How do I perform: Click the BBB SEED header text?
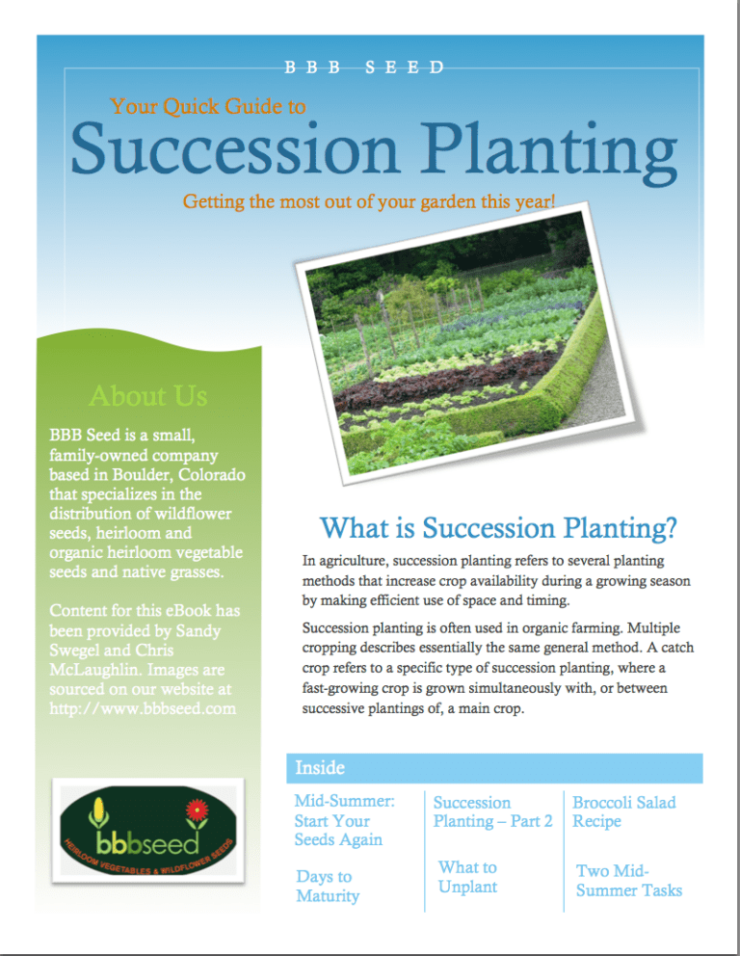pyautogui.click(x=364, y=67)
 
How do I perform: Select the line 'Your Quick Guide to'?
pyautogui.click(x=208, y=106)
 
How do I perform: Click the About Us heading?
pyautogui.click(x=147, y=395)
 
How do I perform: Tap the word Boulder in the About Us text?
pyautogui.click(x=141, y=476)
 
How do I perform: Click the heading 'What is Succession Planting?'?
pyautogui.click(x=498, y=528)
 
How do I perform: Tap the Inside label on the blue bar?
pyautogui.click(x=319, y=768)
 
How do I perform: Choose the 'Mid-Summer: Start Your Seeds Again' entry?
pyautogui.click(x=338, y=820)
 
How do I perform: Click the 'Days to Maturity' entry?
pyautogui.click(x=328, y=887)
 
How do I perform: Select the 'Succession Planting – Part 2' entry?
pyautogui.click(x=492, y=811)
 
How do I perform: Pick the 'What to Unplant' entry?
pyautogui.click(x=467, y=877)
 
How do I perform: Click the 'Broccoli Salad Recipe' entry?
pyautogui.click(x=623, y=811)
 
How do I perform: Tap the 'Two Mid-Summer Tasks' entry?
pyautogui.click(x=628, y=880)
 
